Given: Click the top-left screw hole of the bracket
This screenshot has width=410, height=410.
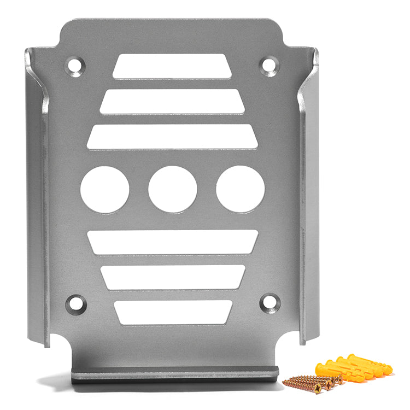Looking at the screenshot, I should (75, 66).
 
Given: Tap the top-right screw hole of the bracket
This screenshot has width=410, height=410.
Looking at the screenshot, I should (269, 66).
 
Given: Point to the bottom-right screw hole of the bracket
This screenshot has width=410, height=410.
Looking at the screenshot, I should (270, 302).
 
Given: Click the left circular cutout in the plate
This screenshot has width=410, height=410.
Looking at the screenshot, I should (104, 189).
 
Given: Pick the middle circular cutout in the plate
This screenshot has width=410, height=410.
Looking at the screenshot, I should (172, 189).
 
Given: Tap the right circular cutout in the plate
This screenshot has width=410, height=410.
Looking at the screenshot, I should (240, 189).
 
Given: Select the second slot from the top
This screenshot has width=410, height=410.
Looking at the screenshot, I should (172, 101).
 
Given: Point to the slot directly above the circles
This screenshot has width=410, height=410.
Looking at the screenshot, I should (172, 136).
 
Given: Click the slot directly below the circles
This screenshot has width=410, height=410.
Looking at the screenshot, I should (172, 242).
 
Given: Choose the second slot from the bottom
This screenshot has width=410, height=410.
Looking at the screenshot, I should (172, 277).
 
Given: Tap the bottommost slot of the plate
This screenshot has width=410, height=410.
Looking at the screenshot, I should (172, 312).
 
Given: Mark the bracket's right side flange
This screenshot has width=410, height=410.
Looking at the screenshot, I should (308, 197).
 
